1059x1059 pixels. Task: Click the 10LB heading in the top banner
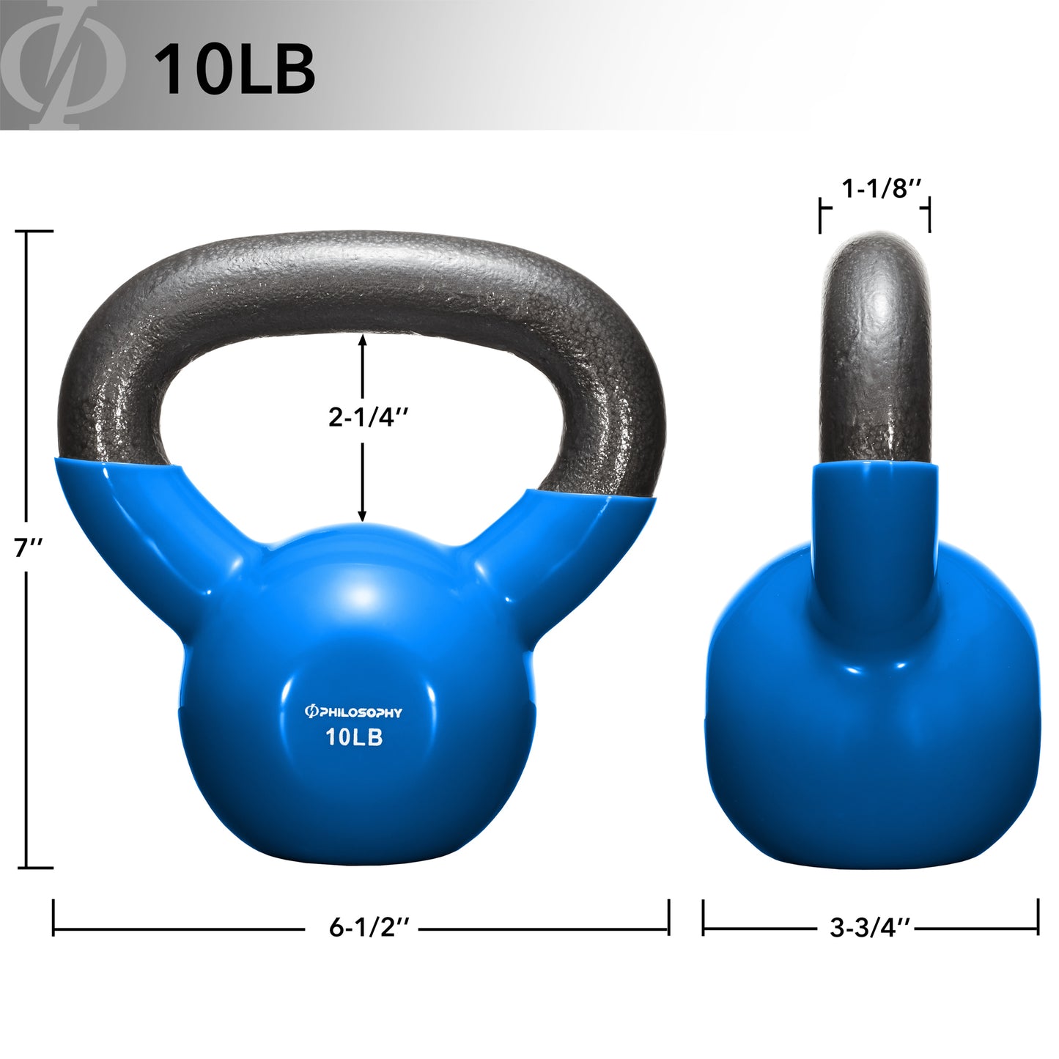(235, 69)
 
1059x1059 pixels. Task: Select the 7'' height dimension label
(29, 547)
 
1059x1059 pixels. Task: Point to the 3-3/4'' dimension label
(869, 928)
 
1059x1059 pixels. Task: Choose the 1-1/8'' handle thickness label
(879, 189)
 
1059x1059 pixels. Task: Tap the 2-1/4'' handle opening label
(367, 417)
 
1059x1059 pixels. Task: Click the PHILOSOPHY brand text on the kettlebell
(354, 712)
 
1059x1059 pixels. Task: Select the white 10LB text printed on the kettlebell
(355, 737)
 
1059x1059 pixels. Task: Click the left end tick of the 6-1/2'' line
(53, 917)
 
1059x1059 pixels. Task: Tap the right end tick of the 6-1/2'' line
(668, 917)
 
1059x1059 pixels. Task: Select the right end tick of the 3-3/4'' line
(1038, 917)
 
